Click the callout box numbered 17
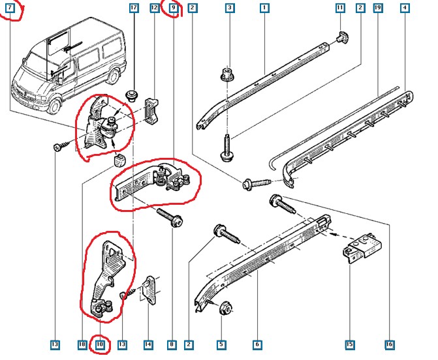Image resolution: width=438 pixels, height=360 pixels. point(134,8)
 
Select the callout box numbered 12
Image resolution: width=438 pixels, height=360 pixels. point(155,8)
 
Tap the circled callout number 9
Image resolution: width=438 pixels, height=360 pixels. point(173,8)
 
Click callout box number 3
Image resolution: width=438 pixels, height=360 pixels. point(230,8)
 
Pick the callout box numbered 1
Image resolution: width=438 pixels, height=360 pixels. point(264,8)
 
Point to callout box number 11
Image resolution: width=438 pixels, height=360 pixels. point(340,8)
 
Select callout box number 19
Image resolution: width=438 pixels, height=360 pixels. point(378,8)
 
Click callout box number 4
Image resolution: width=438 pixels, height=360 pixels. point(405,8)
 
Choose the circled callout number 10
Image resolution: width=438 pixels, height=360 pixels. point(100,344)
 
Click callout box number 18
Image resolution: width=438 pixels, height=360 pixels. point(82,344)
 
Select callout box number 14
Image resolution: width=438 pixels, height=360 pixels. point(148,344)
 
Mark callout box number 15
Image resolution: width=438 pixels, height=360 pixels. point(349,344)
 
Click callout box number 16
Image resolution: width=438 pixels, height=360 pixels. point(389,344)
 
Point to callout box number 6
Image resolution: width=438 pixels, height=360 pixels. point(257,344)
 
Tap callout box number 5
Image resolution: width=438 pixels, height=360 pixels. point(221,344)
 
